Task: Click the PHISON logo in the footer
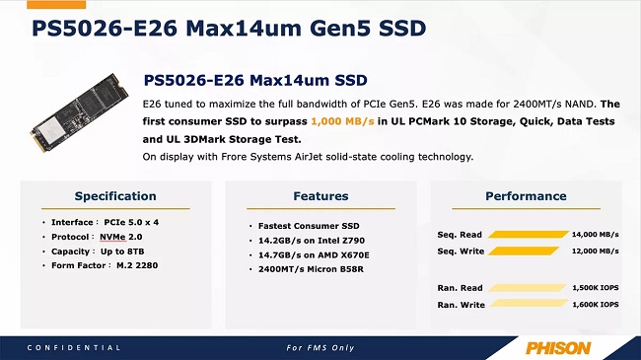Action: point(558,347)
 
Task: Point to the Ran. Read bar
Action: point(527,288)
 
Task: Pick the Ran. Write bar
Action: point(529,305)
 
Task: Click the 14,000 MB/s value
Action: point(595,235)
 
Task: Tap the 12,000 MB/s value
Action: point(595,252)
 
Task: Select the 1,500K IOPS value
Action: point(595,288)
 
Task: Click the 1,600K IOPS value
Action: point(595,305)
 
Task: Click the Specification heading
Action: point(115,196)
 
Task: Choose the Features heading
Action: point(320,196)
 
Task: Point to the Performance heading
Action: point(525,196)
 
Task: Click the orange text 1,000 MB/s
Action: point(342,121)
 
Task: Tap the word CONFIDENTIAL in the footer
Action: point(74,348)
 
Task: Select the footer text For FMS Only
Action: point(320,348)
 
